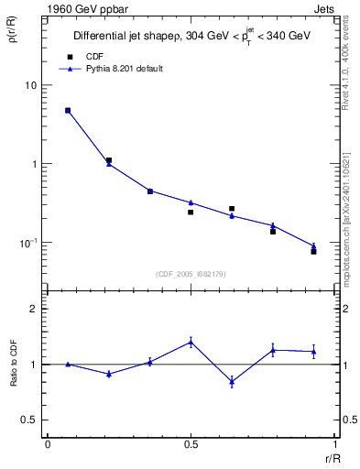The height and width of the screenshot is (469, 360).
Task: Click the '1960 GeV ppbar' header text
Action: pos(81,9)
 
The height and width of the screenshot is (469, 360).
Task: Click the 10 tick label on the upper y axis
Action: pos(30,85)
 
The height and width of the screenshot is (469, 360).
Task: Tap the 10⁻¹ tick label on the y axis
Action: pos(28,243)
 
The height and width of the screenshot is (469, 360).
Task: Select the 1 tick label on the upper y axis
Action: pos(34,164)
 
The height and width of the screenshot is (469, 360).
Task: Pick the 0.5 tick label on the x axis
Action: pos(191,443)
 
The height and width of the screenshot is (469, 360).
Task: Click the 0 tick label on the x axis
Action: pos(48,443)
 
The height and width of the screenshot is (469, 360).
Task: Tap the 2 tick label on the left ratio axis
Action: pos(34,309)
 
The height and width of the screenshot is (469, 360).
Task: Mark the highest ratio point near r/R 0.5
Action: pos(191,342)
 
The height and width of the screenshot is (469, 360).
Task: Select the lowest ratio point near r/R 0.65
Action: pos(232,381)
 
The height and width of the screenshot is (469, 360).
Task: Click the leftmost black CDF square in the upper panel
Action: pos(68,110)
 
